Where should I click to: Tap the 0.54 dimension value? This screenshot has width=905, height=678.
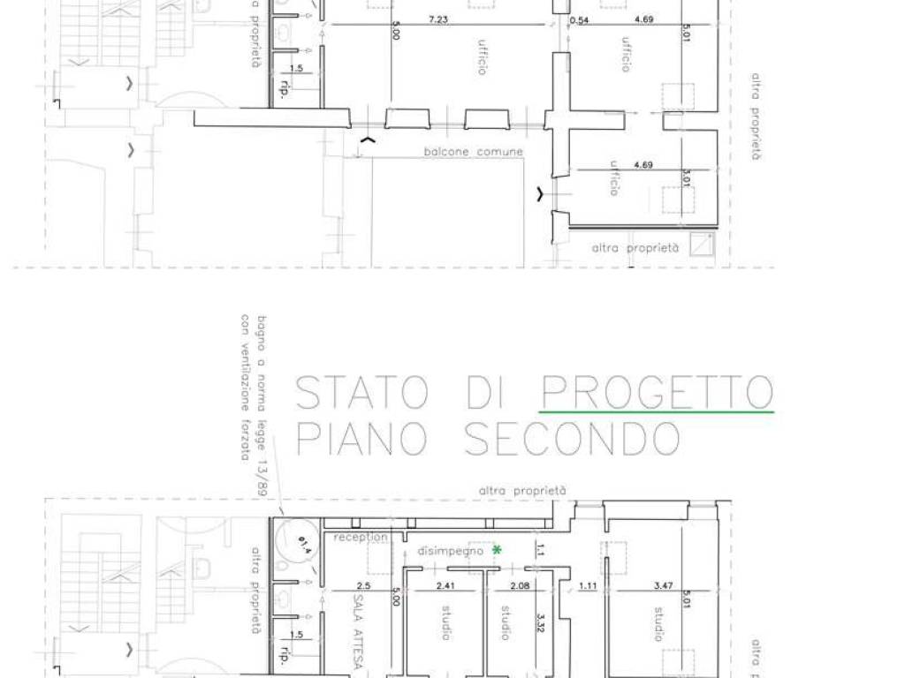580,20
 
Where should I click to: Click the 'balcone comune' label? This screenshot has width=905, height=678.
473,152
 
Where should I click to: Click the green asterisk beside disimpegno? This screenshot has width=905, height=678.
497,550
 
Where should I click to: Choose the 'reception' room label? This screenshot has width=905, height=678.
361,537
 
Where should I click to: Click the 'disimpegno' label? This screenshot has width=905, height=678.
451,550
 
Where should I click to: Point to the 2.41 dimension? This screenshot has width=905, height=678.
445,585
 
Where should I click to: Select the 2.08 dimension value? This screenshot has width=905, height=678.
520,585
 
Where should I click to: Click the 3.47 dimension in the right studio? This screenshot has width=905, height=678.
664,585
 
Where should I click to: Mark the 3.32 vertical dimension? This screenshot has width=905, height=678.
540,628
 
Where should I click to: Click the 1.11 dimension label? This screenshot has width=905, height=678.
589,585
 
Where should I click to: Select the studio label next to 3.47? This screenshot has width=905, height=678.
660,623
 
